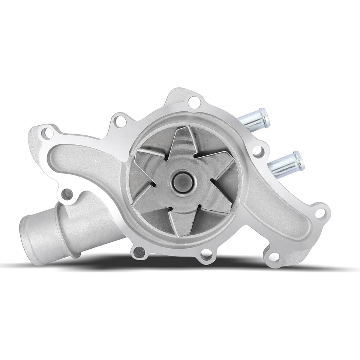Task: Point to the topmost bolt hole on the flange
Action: point(194,101)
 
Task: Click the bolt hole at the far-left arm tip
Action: point(46,132)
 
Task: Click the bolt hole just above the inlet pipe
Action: point(67,194)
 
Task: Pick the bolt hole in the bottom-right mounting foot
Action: point(274,257)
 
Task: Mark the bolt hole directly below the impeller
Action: point(206,256)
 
